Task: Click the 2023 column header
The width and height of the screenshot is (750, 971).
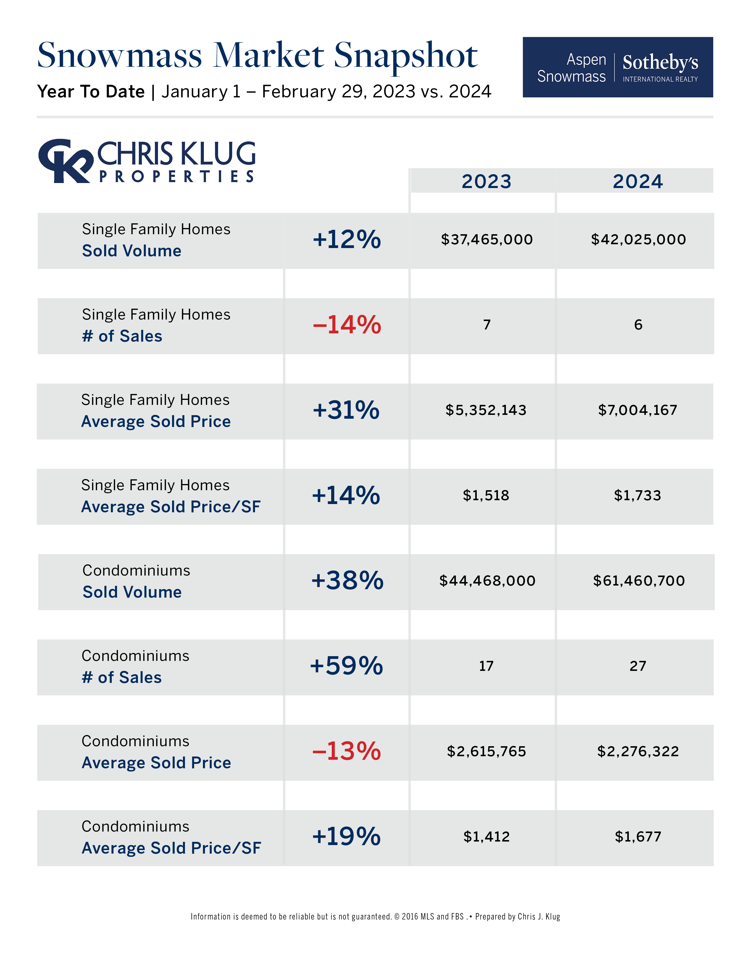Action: [486, 181]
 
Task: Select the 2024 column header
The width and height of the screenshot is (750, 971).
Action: [638, 181]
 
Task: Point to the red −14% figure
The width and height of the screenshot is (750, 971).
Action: [346, 325]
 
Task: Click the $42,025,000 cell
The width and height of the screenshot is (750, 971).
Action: [638, 240]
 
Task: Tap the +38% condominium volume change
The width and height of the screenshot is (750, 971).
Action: [347, 581]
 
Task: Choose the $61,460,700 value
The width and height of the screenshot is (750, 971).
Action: [639, 581]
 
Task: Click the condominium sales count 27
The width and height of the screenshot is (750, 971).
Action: [638, 666]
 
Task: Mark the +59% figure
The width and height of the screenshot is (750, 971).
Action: [346, 666]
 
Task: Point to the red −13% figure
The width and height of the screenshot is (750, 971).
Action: [346, 751]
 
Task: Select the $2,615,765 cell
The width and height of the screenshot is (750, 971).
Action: [486, 751]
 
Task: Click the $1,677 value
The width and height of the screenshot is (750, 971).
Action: [638, 837]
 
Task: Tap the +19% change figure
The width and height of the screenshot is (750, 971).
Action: [346, 837]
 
